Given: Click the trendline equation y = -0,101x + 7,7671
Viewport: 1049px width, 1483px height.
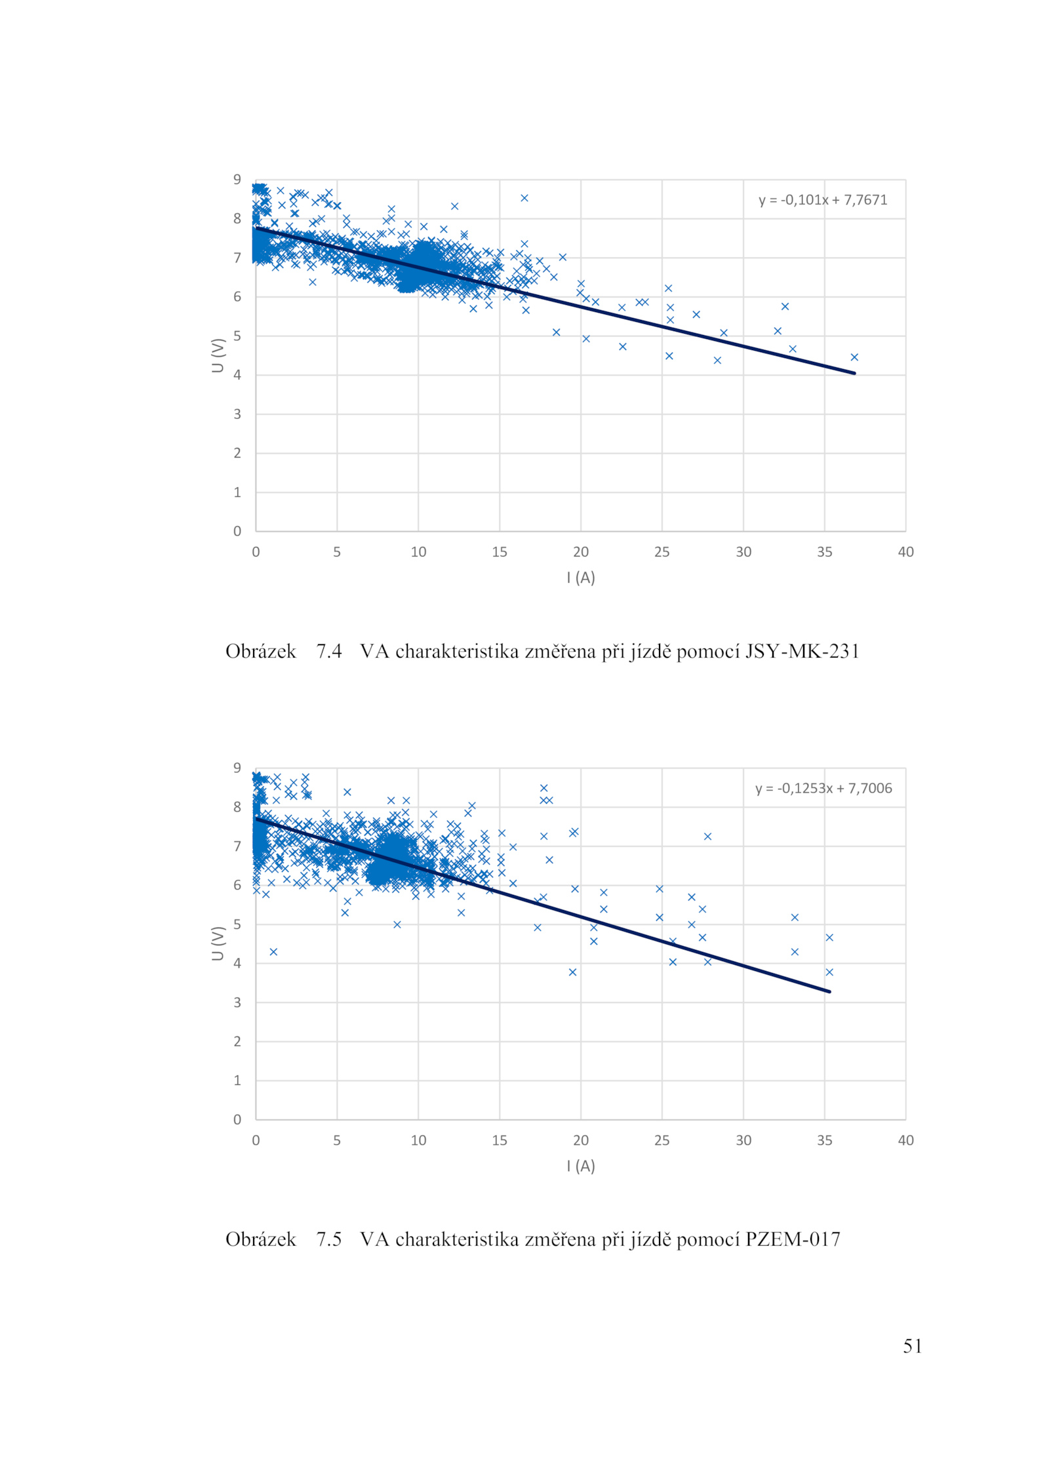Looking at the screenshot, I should (823, 200).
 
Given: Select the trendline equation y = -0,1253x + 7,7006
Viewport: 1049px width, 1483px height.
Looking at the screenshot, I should (823, 788).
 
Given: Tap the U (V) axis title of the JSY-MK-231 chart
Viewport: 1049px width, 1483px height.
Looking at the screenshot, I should (218, 355).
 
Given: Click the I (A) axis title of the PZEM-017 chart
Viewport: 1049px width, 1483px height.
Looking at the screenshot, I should (581, 1166).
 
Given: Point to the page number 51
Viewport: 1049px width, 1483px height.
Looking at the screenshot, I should (913, 1346).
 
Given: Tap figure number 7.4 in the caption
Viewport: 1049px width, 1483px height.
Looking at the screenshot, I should (329, 651).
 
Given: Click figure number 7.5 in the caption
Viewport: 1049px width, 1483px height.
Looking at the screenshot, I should (329, 1239).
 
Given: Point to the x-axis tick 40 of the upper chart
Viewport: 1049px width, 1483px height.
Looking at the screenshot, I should (905, 552).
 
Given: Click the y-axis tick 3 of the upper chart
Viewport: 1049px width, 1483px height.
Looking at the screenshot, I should (237, 414).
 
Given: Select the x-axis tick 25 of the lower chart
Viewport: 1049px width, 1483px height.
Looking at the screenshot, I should (662, 1140).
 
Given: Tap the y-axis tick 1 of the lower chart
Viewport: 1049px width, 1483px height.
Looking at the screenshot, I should (237, 1080).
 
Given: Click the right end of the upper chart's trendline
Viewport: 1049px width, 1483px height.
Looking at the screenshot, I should (854, 373).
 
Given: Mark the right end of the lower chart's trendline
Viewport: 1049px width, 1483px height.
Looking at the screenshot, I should (829, 991).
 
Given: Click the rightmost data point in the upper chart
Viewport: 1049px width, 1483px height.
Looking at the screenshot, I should (854, 357).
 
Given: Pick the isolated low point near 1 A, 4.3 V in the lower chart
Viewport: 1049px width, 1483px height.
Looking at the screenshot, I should (273, 952).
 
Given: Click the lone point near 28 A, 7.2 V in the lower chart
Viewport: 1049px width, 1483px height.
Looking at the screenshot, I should (707, 837).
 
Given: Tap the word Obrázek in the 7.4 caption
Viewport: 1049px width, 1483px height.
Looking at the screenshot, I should (261, 651).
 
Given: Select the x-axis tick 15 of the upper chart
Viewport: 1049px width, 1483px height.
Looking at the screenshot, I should (500, 552).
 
